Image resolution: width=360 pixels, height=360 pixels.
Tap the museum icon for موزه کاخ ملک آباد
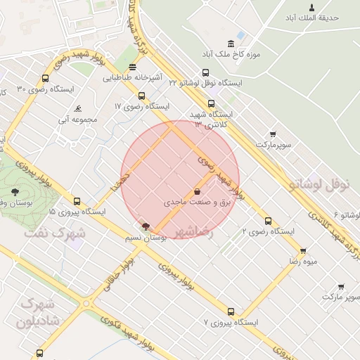[231, 44]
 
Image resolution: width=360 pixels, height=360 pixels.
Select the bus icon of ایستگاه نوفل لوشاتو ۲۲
[205, 72]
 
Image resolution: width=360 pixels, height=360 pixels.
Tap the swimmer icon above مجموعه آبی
[78, 108]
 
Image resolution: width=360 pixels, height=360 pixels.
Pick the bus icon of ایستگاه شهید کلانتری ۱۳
[211, 103]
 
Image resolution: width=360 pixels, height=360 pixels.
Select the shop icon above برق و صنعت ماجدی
[197, 191]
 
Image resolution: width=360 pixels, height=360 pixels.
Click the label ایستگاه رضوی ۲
[268, 231]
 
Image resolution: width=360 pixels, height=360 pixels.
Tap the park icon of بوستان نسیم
[146, 226]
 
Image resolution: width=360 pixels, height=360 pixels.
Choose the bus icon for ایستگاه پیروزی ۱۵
[77, 201]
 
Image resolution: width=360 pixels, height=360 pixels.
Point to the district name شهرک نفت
[55, 231]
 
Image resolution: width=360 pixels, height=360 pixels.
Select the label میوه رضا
[303, 261]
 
